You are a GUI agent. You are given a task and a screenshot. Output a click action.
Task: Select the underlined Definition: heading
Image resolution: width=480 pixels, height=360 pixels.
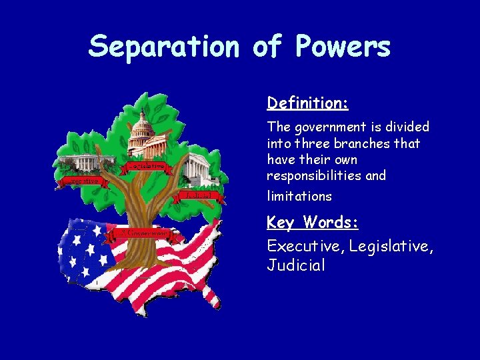coord(308,103)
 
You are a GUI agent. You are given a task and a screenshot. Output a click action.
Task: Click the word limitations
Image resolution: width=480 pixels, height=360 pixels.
coord(299,196)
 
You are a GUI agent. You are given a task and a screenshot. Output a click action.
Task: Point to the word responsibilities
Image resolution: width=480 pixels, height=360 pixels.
coord(311,176)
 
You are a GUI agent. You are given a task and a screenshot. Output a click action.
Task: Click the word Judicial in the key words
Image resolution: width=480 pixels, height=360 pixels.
coord(296,265)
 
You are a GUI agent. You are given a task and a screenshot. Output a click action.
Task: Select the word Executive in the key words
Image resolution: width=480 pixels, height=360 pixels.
coord(302,246)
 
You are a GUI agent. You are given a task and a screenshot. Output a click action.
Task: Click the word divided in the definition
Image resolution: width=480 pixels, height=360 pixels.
coord(407,127)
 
